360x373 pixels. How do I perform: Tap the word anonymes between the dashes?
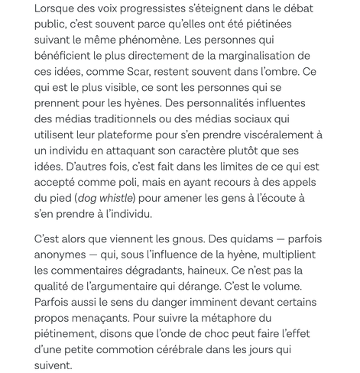(x=35, y=254)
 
